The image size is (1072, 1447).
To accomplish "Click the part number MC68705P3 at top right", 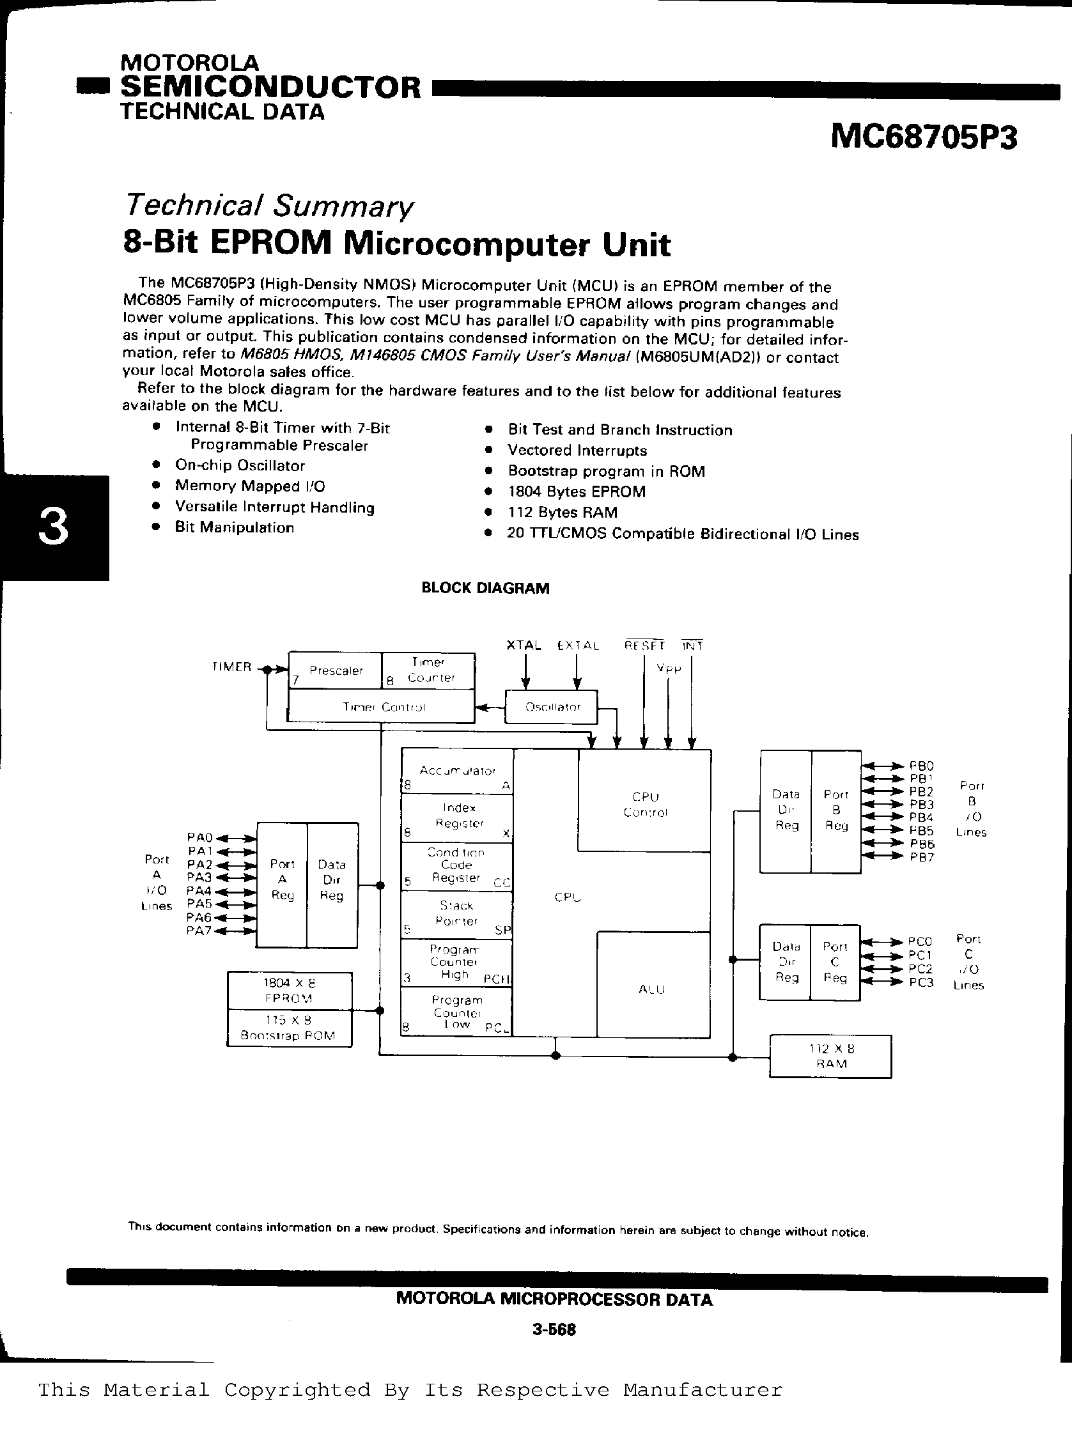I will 924,137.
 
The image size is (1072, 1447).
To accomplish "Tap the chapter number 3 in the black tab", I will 53,527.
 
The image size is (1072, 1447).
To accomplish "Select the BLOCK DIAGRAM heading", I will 485,588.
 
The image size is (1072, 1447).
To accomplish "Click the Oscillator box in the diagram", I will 552,707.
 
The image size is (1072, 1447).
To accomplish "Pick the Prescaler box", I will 335,671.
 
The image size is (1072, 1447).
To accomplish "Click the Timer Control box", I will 383,707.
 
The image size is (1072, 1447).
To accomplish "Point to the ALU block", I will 651,989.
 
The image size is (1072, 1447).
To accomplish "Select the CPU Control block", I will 645,804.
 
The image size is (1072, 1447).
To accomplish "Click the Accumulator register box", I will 457,771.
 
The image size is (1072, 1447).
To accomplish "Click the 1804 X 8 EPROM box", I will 290,990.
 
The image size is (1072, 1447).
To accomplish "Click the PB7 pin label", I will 921,857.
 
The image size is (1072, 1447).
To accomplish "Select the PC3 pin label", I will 920,982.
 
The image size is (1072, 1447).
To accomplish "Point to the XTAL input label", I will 523,645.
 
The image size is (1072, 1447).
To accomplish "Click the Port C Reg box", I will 834,963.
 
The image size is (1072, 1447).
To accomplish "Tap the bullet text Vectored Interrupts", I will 577,451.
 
